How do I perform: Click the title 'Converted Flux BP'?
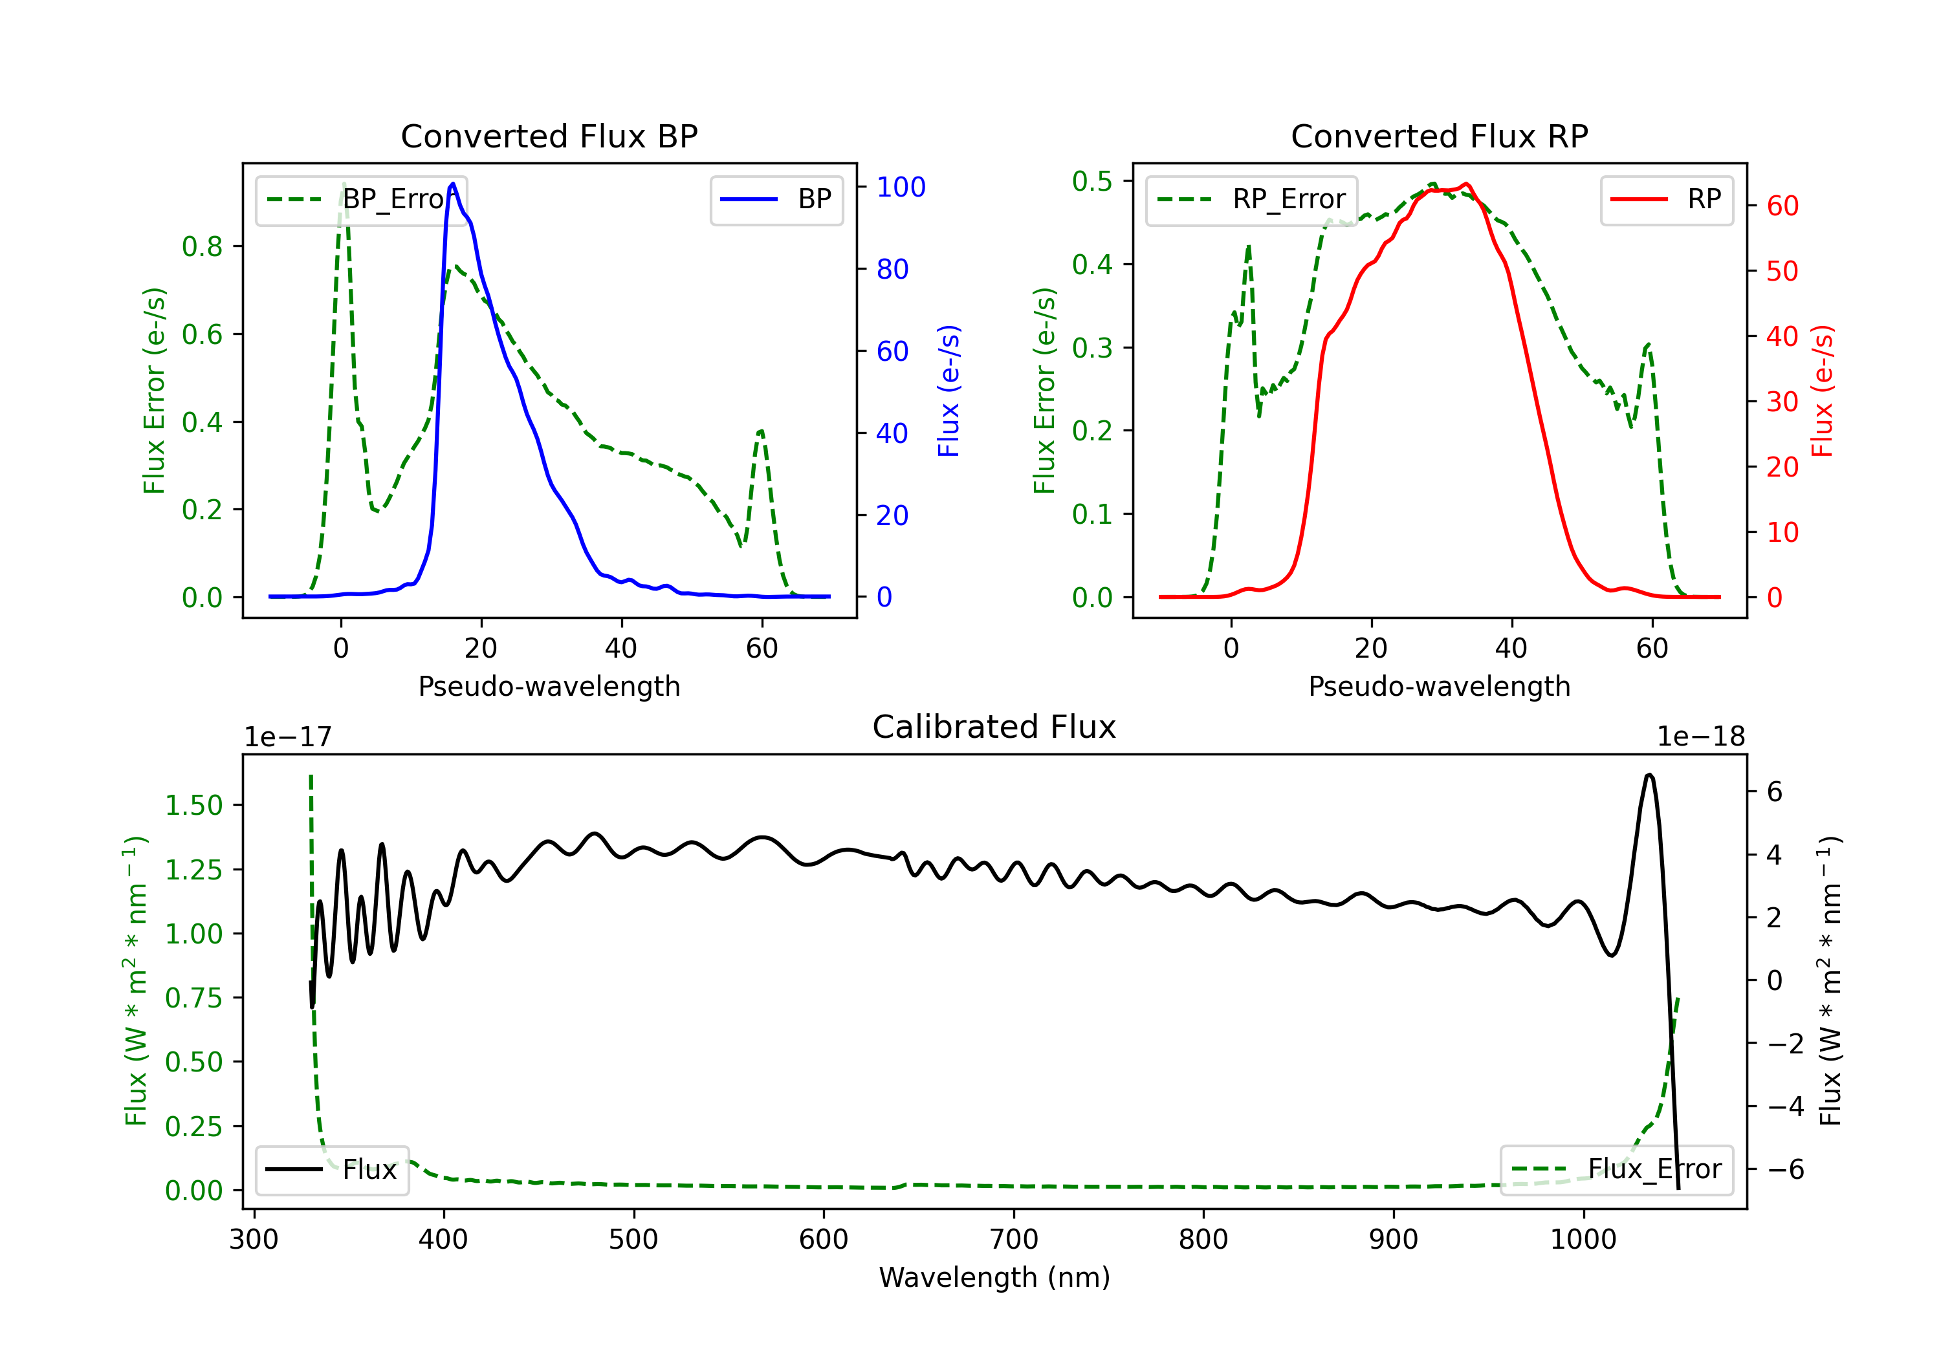pos(549,136)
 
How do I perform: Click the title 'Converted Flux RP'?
pos(1439,136)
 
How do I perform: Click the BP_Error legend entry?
pos(361,199)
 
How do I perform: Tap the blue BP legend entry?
pos(776,199)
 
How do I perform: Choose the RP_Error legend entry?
pos(1251,199)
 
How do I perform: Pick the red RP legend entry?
pos(1666,199)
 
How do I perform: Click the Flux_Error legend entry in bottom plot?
pos(1616,1170)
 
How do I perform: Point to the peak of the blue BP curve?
pos(453,184)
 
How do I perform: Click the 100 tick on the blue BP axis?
pos(901,187)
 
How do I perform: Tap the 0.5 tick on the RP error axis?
pos(1091,181)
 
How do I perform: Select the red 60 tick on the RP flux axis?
pos(1782,206)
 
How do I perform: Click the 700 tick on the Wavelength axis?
pos(1014,1240)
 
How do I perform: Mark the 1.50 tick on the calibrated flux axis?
pos(193,805)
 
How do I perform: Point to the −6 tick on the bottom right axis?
pos(1784,1170)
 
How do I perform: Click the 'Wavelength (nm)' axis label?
pos(994,1277)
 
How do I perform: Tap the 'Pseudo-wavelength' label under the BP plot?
pos(549,686)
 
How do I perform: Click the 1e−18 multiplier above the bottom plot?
pos(1700,737)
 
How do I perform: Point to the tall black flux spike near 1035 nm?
pos(1649,776)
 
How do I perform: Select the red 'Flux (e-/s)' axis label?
pos(1823,391)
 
